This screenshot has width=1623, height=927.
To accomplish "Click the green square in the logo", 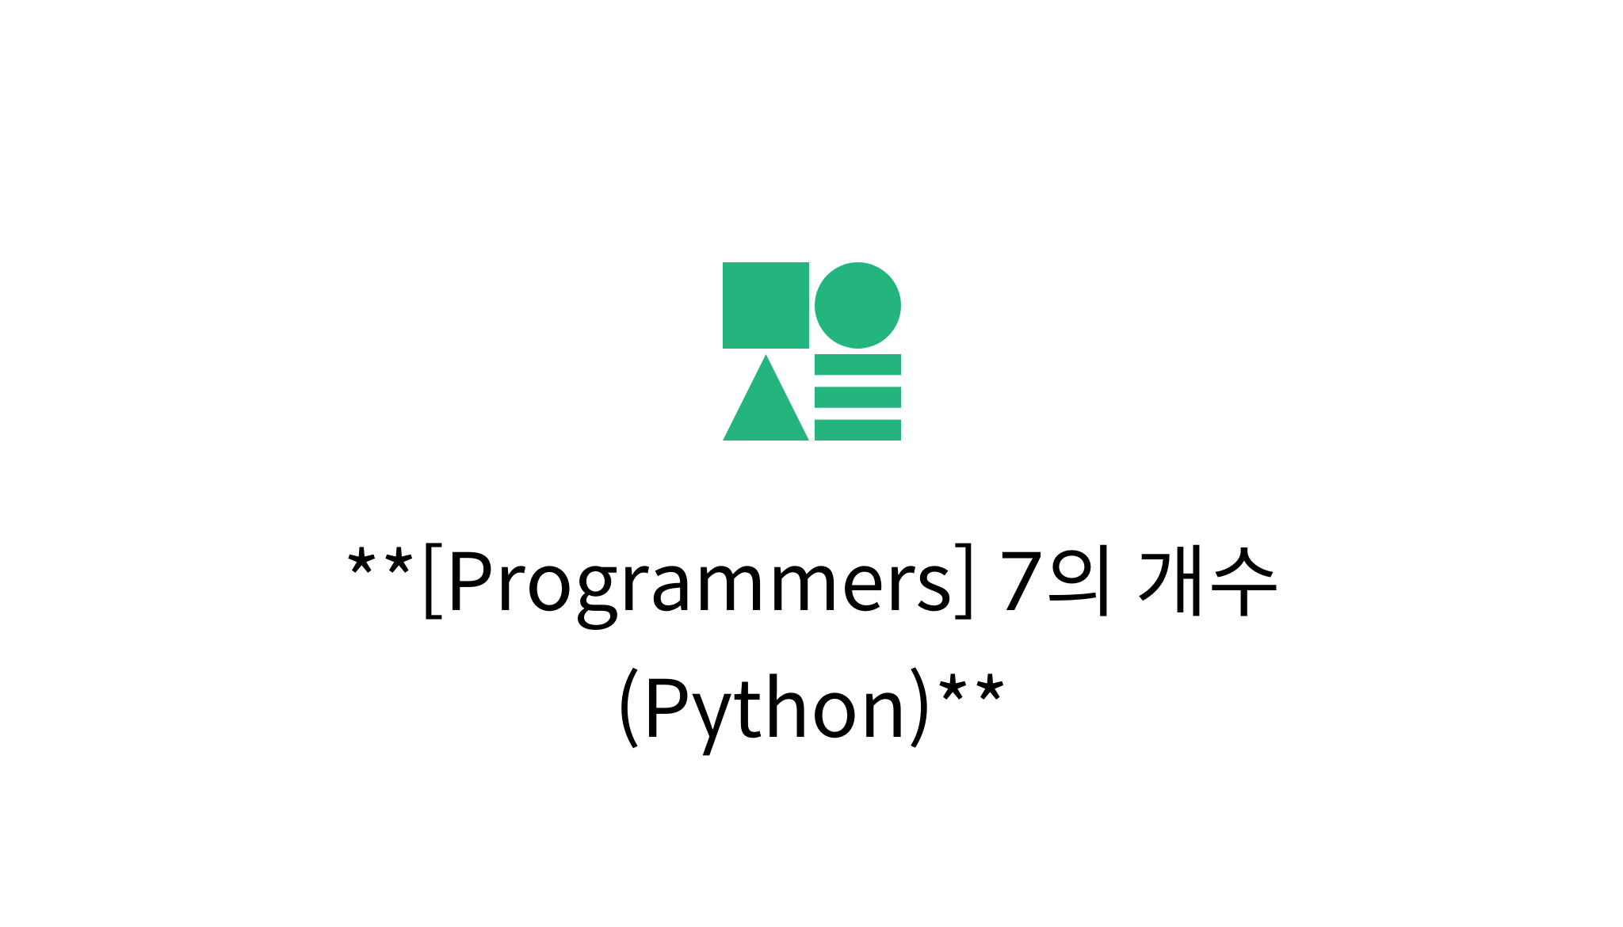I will [766, 305].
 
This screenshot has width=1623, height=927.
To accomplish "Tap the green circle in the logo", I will [857, 305].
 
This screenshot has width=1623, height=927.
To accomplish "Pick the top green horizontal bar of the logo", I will [857, 364].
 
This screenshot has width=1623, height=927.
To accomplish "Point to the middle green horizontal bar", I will [857, 397].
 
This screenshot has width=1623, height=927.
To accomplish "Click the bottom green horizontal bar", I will [857, 430].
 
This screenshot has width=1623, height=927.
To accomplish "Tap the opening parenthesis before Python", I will [628, 708].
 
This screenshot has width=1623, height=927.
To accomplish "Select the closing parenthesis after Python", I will [919, 708].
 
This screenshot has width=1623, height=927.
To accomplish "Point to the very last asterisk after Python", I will [990, 689].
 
